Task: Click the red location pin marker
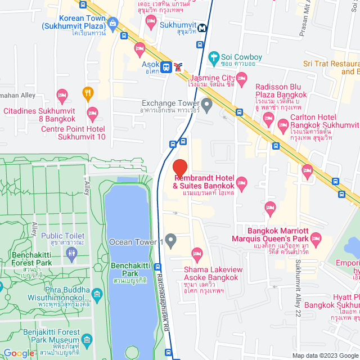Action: [179, 168]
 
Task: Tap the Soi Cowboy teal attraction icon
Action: [213, 57]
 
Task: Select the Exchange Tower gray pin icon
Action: [207, 103]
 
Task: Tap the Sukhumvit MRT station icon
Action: [201, 26]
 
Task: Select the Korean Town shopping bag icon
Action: [114, 24]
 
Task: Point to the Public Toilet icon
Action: [71, 253]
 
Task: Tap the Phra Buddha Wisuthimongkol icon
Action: [97, 294]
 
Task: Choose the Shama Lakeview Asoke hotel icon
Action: [197, 254]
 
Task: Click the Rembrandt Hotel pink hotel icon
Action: [242, 181]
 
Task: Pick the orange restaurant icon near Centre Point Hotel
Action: [88, 92]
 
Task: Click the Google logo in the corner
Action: [19, 353]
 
